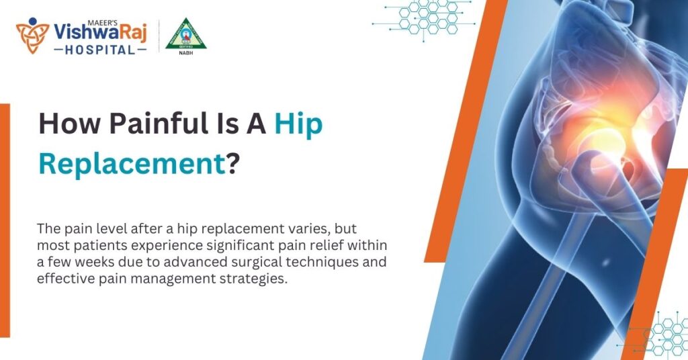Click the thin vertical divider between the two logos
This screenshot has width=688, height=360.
(159, 36)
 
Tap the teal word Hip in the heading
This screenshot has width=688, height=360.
(298, 126)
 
